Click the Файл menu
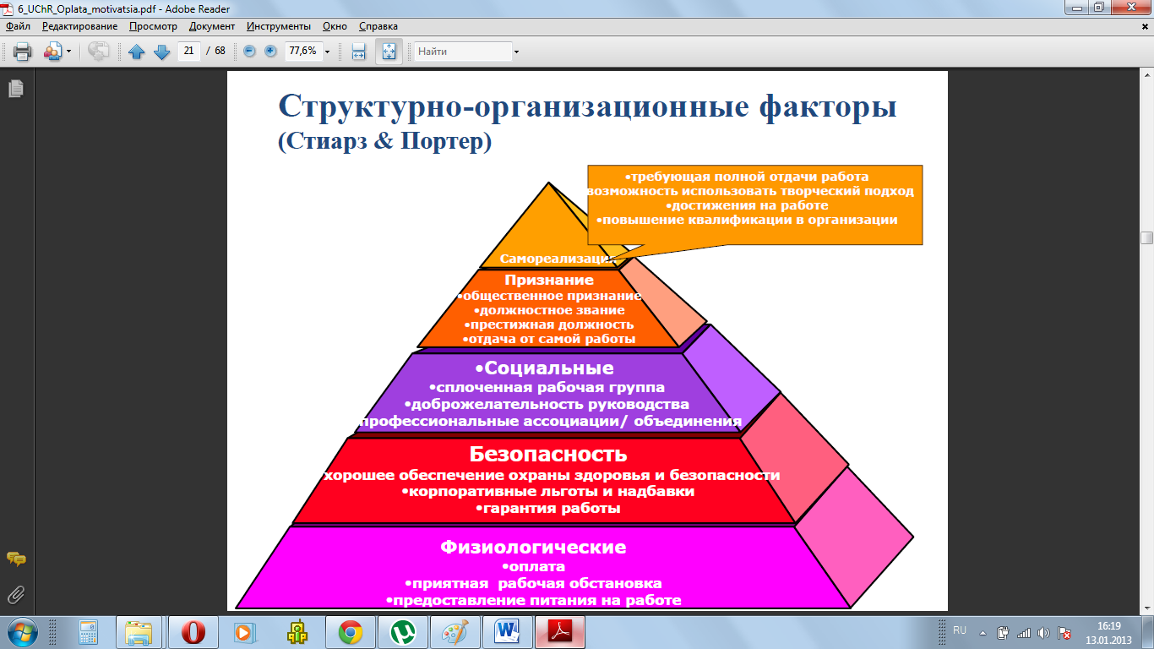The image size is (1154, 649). [18, 26]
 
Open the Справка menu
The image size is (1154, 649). [378, 26]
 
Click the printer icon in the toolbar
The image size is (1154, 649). [22, 52]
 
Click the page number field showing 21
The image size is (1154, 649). [188, 51]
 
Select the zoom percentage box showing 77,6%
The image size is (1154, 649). [303, 51]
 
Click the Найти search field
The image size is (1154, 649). [463, 52]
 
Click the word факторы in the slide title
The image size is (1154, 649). [828, 107]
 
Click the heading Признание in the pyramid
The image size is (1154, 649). [549, 280]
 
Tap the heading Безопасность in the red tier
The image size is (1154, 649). [548, 454]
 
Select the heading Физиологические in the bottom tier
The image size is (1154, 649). [533, 547]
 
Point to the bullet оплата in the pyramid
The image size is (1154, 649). [534, 566]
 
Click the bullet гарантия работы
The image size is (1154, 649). [548, 508]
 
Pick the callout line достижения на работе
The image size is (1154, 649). [747, 205]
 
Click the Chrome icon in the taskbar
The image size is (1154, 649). [351, 632]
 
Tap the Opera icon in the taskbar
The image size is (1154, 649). [193, 632]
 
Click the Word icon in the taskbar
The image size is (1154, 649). [507, 632]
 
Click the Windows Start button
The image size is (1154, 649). [23, 632]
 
